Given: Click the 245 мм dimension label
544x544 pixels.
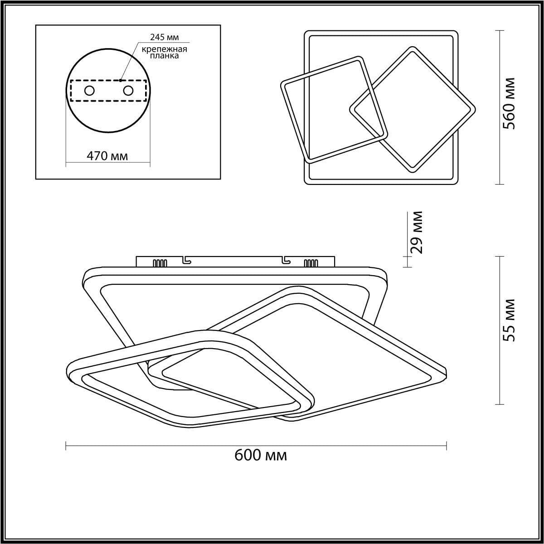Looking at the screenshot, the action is [x=164, y=37].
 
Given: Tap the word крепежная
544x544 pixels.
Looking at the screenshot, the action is [x=164, y=49].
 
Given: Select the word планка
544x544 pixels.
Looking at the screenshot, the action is [x=164, y=56].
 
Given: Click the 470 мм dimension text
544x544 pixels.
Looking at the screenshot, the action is [x=107, y=156].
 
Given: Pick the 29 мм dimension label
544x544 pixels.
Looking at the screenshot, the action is [x=417, y=233].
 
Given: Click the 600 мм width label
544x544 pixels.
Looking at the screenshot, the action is [x=261, y=455].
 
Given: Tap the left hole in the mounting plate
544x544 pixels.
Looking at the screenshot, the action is [x=89, y=91].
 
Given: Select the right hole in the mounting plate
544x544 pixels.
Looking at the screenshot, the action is [x=128, y=91].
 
